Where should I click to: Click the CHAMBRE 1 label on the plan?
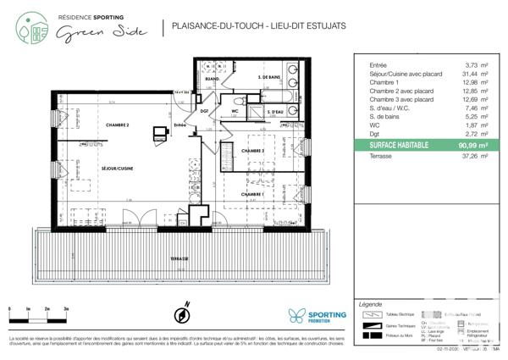[252, 194]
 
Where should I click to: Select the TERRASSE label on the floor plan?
[178, 258]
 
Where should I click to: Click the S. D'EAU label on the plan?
[274, 113]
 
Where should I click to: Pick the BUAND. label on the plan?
[214, 79]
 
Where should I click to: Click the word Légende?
[371, 302]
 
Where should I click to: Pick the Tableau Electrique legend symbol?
[372, 313]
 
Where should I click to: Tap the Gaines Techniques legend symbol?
[372, 325]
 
